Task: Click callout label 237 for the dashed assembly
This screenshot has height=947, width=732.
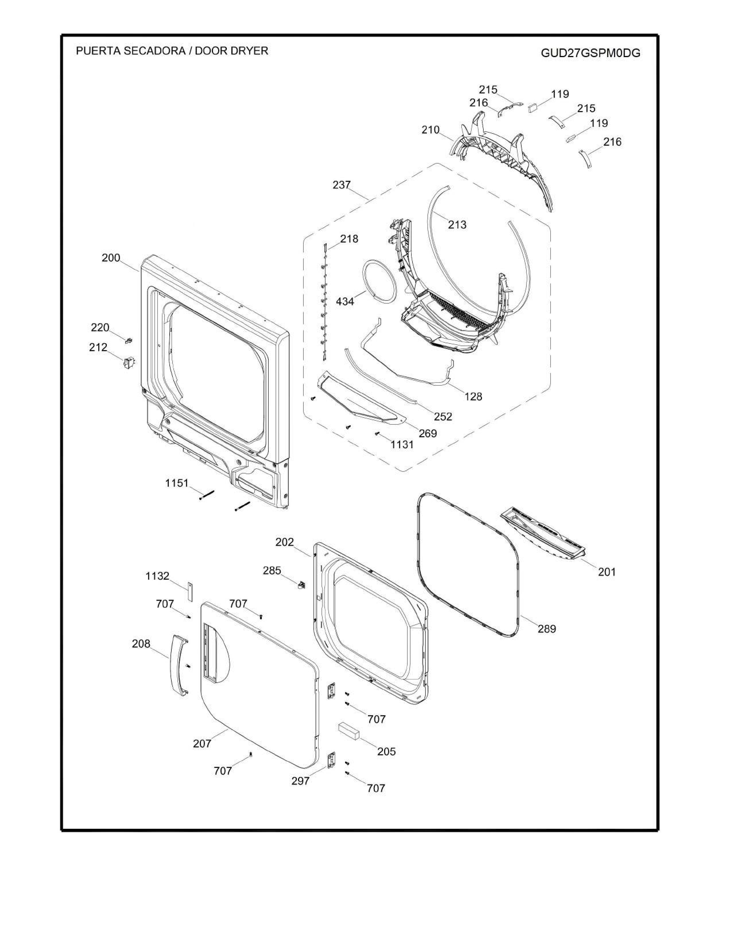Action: (342, 185)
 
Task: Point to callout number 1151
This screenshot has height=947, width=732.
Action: (177, 483)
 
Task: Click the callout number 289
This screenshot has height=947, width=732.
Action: (547, 629)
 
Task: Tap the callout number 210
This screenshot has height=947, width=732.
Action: (431, 130)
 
